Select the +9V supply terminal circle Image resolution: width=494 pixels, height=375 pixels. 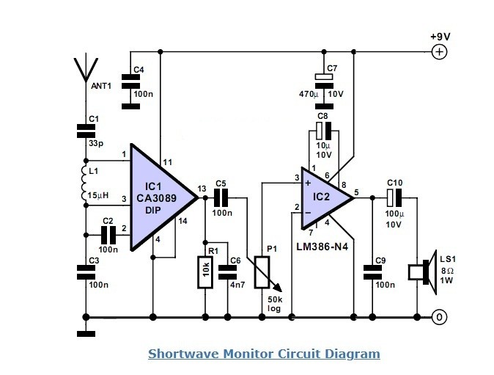[x=438, y=51]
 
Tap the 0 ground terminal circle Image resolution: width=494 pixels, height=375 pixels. [x=438, y=317]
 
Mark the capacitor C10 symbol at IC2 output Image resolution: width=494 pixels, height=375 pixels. [x=395, y=197]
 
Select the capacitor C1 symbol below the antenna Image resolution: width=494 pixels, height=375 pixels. [x=85, y=132]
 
